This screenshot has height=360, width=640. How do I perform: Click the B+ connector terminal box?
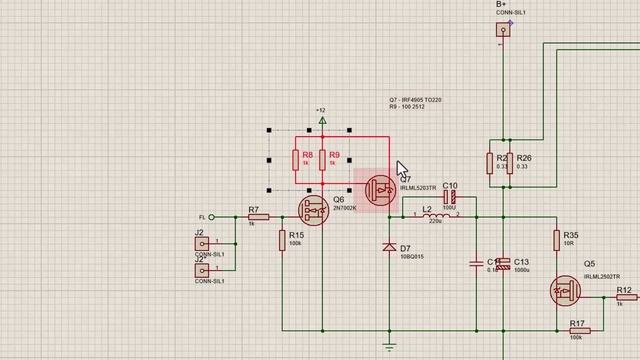click(x=503, y=30)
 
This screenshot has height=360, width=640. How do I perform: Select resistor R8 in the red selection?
click(x=296, y=161)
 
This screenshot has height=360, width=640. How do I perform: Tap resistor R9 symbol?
click(x=323, y=161)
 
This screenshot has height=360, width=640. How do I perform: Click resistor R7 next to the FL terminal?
click(x=253, y=216)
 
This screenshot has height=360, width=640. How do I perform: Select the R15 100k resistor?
click(x=283, y=240)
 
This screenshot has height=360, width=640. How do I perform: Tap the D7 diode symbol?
click(x=388, y=246)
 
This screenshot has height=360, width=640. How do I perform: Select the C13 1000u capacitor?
click(x=505, y=263)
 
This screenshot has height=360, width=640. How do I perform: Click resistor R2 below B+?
click(x=490, y=162)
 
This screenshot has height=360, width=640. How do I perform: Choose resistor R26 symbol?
click(x=509, y=162)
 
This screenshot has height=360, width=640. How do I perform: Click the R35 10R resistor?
click(x=558, y=240)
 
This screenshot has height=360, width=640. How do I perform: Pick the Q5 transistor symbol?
click(x=566, y=291)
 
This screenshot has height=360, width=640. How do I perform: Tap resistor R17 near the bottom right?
click(x=577, y=330)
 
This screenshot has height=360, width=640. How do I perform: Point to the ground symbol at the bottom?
click(x=388, y=346)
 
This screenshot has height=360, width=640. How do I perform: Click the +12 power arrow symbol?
click(x=322, y=121)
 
